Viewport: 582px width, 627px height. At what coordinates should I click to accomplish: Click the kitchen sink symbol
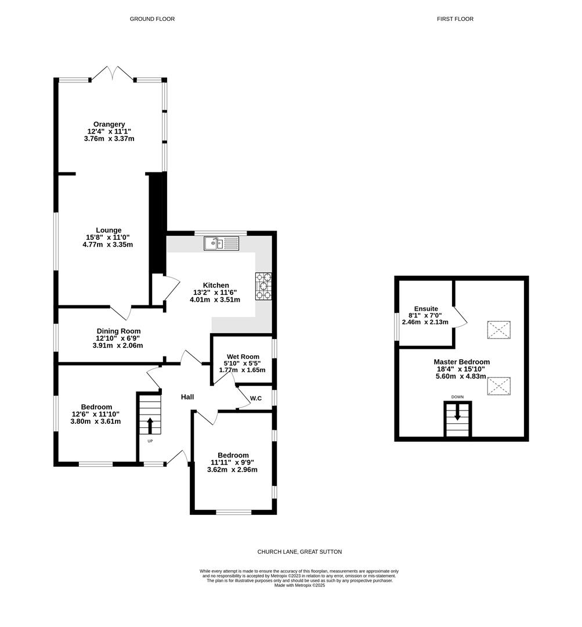221,243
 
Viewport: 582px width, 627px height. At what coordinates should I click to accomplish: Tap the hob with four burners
263,286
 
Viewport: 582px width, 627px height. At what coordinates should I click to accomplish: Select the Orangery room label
109,124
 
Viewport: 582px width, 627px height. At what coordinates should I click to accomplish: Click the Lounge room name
109,230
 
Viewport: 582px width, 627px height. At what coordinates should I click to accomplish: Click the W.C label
256,398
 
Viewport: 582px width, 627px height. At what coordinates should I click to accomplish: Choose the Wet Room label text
242,356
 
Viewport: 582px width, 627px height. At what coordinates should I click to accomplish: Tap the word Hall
187,397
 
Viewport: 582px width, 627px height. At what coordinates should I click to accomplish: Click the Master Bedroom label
461,361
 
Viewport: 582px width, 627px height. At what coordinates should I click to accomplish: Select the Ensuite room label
425,309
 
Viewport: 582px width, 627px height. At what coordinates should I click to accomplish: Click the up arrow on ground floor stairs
150,425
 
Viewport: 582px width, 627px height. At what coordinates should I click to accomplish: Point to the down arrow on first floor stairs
457,413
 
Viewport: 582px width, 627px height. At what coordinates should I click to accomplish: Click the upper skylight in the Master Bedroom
498,330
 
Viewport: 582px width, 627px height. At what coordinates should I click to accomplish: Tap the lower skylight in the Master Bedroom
498,385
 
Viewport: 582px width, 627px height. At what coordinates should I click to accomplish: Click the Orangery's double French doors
113,74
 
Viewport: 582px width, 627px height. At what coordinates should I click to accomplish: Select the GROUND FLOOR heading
152,19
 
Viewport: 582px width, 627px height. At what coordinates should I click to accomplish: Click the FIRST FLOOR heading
455,19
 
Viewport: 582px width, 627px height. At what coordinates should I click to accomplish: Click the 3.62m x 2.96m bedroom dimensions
233,470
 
